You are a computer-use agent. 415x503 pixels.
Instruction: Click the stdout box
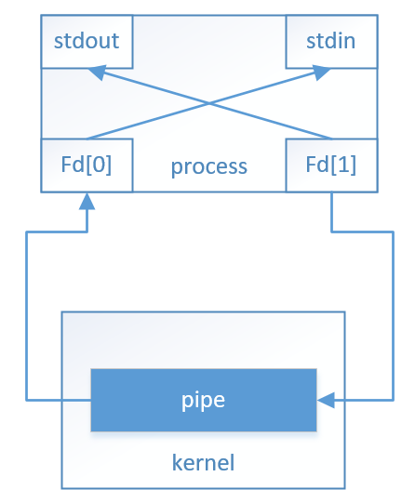click(86, 41)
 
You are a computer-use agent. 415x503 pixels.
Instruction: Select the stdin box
click(332, 41)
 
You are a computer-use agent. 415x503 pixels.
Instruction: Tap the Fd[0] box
click(86, 165)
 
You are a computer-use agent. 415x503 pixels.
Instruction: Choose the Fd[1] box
click(332, 165)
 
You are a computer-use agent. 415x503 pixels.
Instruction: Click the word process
click(208, 166)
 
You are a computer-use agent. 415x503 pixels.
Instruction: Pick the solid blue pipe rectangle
click(204, 400)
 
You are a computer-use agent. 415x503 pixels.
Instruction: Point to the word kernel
click(203, 462)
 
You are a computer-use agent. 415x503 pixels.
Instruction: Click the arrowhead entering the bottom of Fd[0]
click(86, 199)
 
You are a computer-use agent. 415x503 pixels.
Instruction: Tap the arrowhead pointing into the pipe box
click(325, 400)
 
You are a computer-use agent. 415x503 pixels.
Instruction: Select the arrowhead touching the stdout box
click(96, 71)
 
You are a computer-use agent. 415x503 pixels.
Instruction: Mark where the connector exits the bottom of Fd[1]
click(332, 192)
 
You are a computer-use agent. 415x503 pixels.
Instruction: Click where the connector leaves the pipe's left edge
click(90, 400)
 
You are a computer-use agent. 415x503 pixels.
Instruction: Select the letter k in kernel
click(178, 462)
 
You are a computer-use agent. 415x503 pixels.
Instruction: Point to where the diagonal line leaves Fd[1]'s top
click(332, 139)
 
